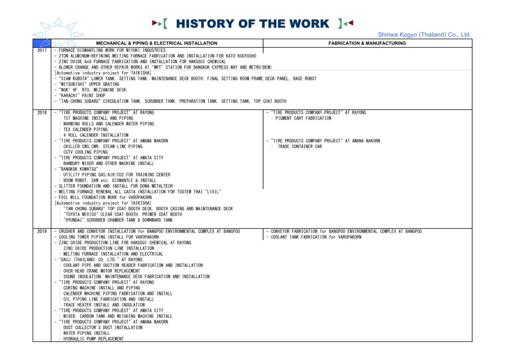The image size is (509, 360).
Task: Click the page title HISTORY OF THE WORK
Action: pyautogui.click(x=253, y=23)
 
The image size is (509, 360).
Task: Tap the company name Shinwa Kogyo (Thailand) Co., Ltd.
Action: pyautogui.click(x=424, y=35)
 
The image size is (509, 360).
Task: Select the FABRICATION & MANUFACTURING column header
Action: pyautogui.click(x=367, y=43)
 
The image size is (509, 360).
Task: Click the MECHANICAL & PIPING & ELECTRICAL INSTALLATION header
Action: pyautogui.click(x=157, y=43)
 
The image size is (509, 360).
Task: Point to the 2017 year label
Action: pyautogui.click(x=42, y=51)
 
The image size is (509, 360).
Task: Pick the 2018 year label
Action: pyautogui.click(x=42, y=113)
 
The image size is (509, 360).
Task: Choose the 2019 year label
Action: pyautogui.click(x=42, y=232)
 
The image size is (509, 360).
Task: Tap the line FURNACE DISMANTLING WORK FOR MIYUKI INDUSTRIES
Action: pyautogui.click(x=110, y=51)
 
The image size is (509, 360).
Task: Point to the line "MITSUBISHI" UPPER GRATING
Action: pyautogui.click(x=88, y=85)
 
